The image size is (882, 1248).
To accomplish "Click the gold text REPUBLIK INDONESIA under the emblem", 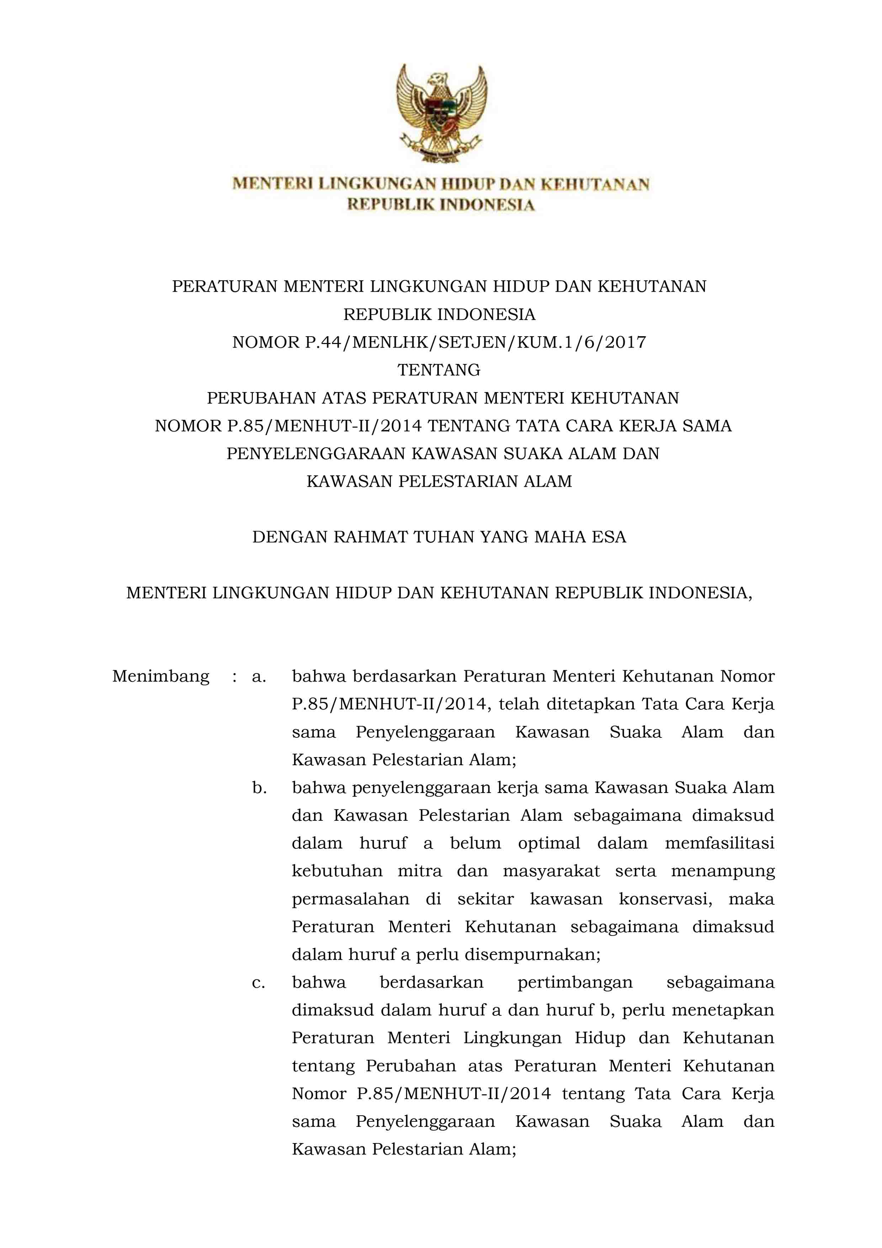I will point(441,205).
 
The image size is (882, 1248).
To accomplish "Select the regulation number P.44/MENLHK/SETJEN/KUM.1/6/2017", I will point(475,343).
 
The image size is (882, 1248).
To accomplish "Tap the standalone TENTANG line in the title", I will point(439,370).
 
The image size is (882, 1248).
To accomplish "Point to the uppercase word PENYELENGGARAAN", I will point(316,454).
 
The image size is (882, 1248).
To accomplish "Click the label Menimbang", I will point(160,677).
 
